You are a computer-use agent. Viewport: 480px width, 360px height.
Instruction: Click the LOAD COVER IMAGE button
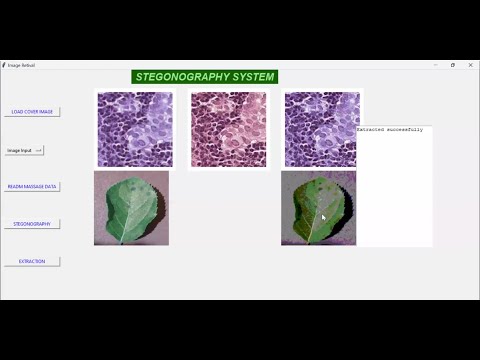pos(32,112)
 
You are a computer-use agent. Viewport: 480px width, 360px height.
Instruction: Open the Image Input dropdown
pos(24,150)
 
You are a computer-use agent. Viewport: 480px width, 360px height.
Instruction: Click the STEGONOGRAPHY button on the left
pos(32,224)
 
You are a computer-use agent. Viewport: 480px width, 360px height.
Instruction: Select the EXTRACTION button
pos(32,261)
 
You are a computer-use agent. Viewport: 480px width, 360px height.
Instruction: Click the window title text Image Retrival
pos(22,65)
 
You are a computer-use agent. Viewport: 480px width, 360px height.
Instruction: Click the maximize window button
pos(453,65)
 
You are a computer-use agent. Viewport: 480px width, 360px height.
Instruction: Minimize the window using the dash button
pos(433,65)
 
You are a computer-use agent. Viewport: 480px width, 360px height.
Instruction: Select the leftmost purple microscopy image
pos(135,129)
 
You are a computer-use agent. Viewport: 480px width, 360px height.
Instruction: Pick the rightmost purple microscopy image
pos(321,129)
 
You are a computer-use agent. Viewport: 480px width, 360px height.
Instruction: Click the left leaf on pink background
pos(131,208)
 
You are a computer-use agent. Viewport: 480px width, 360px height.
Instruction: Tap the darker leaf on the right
pos(317,208)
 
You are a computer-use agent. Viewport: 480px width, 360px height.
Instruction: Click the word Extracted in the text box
pos(371,130)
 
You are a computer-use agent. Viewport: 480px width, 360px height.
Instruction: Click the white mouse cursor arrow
pos(323,217)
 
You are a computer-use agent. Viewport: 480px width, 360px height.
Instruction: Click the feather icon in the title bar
pos(4,65)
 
